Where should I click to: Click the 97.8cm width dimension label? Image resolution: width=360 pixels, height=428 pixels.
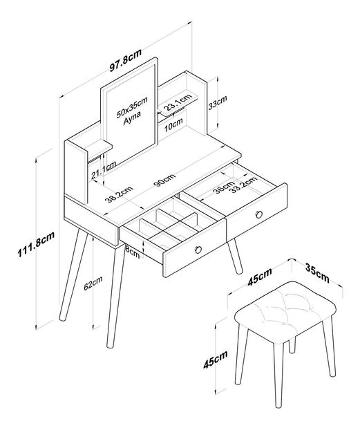[x=126, y=60]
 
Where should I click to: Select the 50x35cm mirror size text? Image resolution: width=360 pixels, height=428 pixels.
[x=132, y=106]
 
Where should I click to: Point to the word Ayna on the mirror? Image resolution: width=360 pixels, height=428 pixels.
[x=132, y=118]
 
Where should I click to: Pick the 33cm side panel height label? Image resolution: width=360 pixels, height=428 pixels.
[x=218, y=102]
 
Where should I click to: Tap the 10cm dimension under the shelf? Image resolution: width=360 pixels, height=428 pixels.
[x=173, y=125]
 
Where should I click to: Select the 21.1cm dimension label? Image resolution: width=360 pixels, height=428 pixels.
[x=104, y=171]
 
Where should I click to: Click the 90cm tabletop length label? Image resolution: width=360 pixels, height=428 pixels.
[x=164, y=181]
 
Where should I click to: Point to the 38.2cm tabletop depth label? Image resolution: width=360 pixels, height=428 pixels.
[x=119, y=194]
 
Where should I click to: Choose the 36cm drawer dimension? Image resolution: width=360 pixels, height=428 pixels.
[x=223, y=187]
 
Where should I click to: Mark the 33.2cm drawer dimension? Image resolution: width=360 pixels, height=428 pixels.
[x=244, y=184]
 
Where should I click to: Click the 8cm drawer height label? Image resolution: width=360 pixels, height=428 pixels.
[x=132, y=252]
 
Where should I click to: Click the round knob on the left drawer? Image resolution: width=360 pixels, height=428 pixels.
[x=198, y=250]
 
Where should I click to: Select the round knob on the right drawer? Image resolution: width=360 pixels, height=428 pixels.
[x=259, y=214]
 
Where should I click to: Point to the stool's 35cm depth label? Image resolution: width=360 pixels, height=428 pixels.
[x=317, y=273]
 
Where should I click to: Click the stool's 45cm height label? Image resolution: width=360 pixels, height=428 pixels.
[x=215, y=360]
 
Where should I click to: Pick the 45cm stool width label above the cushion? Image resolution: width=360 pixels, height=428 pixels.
[x=260, y=277]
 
